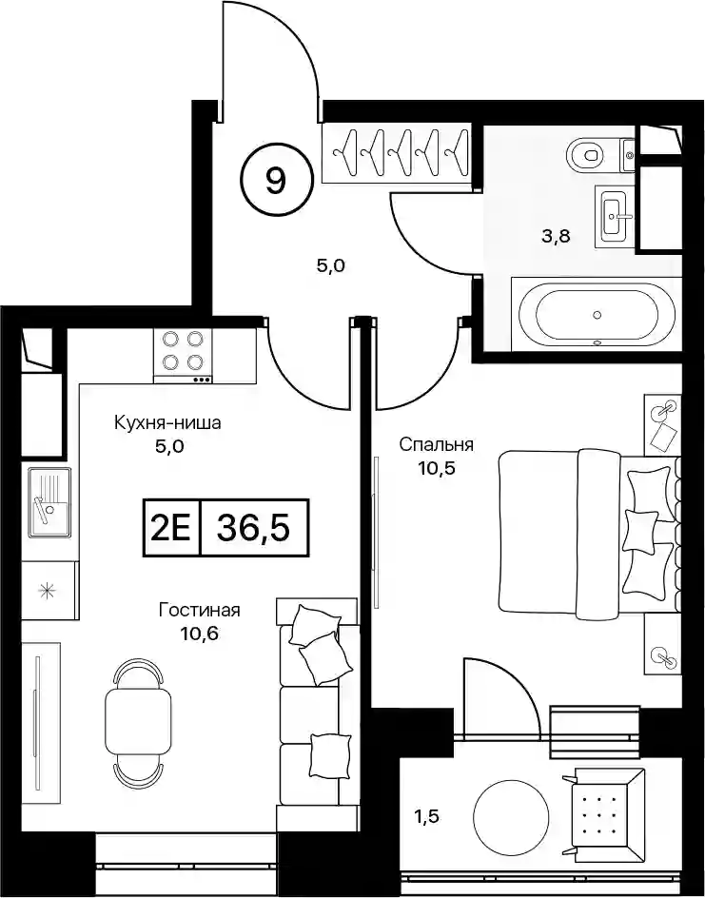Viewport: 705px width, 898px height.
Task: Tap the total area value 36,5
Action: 253,528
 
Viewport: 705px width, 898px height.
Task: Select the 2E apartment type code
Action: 171,528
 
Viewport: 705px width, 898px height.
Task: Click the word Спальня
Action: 436,444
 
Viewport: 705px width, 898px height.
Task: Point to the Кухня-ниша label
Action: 167,423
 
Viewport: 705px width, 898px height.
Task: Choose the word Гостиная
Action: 199,610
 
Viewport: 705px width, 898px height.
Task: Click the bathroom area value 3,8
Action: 556,236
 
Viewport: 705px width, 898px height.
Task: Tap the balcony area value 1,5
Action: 425,815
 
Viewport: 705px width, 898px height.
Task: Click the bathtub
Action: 597,315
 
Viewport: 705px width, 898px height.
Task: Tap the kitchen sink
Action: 49,502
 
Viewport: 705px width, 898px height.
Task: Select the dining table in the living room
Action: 138,718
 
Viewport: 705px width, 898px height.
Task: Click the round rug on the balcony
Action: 512,815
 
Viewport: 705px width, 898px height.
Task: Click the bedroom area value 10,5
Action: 437,468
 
